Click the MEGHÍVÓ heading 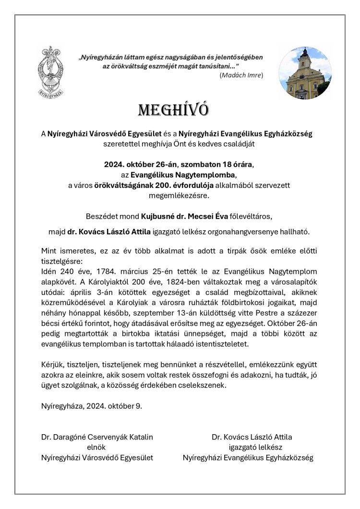(x=173, y=110)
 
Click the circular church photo (x=305, y=73)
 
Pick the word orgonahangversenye (x=250, y=232)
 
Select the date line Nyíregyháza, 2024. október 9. (x=92, y=406)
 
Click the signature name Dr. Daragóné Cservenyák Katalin (x=97, y=437)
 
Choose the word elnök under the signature (x=96, y=447)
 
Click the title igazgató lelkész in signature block (x=248, y=447)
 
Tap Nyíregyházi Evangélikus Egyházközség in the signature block (x=248, y=458)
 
